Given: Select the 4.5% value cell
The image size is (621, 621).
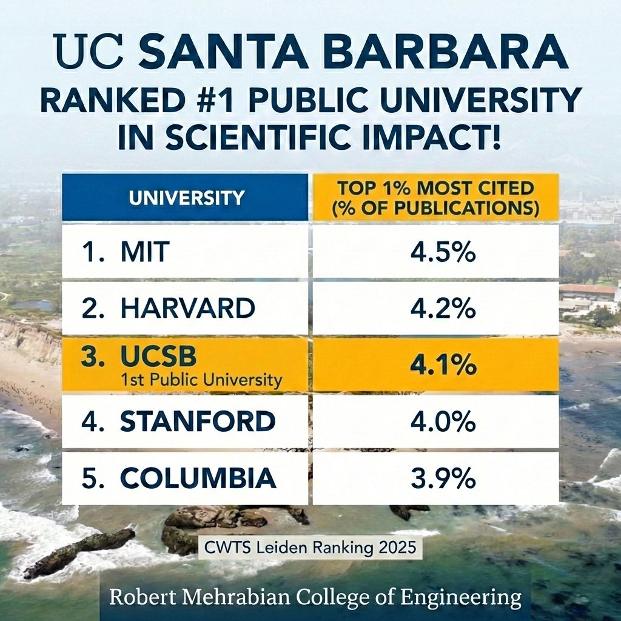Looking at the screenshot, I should pyautogui.click(x=434, y=252).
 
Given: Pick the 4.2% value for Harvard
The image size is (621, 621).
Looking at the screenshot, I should pyautogui.click(x=434, y=309).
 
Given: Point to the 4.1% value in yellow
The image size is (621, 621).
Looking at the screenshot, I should pyautogui.click(x=434, y=365).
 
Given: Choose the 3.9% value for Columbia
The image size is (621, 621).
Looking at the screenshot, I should pyautogui.click(x=434, y=478).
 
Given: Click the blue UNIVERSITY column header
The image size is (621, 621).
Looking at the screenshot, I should pyautogui.click(x=185, y=197).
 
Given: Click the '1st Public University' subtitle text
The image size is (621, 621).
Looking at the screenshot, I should pyautogui.click(x=201, y=381).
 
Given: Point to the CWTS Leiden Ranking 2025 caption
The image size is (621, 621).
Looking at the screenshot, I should pyautogui.click(x=309, y=547).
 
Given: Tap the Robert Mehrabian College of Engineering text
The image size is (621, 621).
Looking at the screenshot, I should pyautogui.click(x=315, y=597).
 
